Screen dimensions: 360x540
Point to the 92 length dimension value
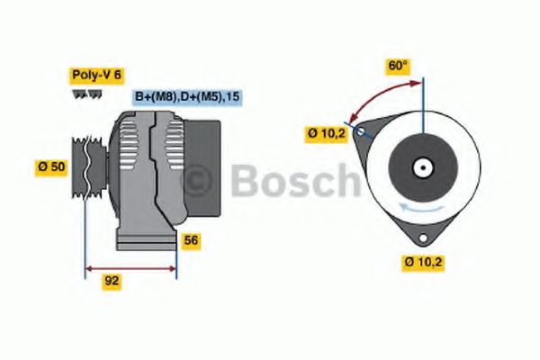(112, 280)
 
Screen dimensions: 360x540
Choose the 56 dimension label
(191, 240)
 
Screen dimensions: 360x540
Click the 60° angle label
(397, 66)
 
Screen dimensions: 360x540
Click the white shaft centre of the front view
(420, 167)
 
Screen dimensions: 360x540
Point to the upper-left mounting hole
(361, 132)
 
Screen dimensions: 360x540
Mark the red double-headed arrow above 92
(130, 267)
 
